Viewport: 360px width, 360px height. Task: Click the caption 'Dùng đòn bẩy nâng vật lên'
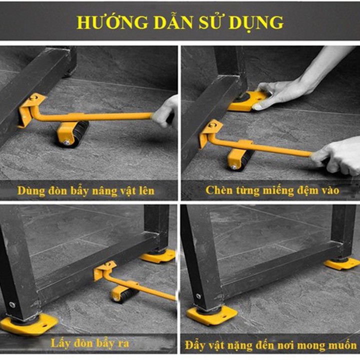click(86, 190)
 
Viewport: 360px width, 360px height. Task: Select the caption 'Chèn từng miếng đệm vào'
click(272, 190)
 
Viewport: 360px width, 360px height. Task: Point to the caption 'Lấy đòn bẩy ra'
click(90, 343)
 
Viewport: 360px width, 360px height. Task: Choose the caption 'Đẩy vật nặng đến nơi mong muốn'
click(270, 345)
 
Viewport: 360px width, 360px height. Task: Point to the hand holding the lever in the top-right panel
click(337, 156)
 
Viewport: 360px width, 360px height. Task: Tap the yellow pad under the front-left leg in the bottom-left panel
click(27, 323)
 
